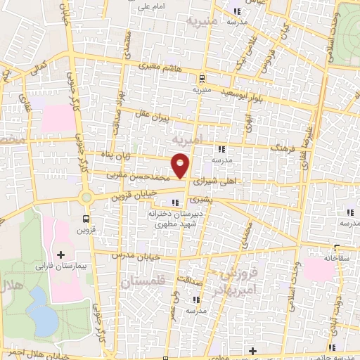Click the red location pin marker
(x=181, y=165)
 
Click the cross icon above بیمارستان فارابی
(x=60, y=254)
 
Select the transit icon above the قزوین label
(x=85, y=219)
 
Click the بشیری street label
(x=219, y=199)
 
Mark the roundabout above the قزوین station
(x=87, y=198)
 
